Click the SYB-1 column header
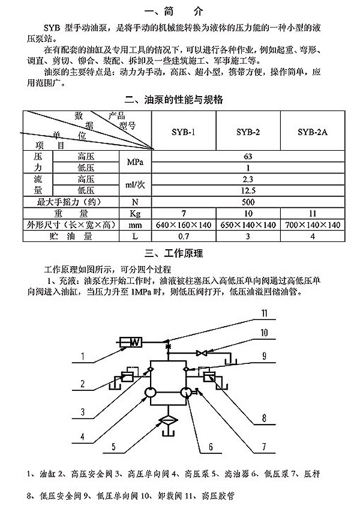pos(183,132)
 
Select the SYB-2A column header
pos(313,132)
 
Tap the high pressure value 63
pos(248,157)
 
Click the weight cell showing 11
pos(313,213)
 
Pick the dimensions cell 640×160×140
pos(184,225)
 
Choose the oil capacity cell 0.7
pos(184,236)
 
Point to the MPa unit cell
pos(135,162)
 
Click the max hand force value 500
pos(248,202)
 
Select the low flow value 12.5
pos(248,190)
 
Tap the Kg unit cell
pos(135,213)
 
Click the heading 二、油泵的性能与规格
pos(173,100)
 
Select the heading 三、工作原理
pos(173,253)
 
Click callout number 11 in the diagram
pos(265,313)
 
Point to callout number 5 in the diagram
pos(113,446)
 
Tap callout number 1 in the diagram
pos(83,355)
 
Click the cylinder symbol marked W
pos(131,342)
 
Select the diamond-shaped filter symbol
pos(167,421)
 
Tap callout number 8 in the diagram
pos(265,417)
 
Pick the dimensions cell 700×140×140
pos(313,225)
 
